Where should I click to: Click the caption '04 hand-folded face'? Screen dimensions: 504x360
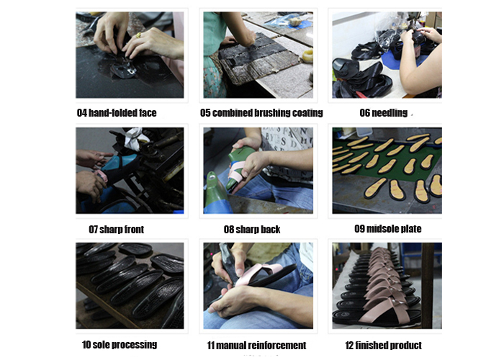coord(117,113)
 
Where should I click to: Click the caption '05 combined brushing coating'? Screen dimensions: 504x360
coord(261,113)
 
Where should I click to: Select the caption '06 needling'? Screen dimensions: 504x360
coord(384,113)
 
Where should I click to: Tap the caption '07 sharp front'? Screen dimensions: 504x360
coord(117,229)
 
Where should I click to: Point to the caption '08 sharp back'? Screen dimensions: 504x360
coord(252,229)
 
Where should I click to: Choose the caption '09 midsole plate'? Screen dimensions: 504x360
coord(388,228)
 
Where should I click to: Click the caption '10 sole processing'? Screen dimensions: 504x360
coord(120,345)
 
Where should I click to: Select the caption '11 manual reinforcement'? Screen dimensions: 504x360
coord(256,345)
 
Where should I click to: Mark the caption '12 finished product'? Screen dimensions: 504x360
coord(383,345)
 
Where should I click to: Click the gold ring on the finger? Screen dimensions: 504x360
coord(138,35)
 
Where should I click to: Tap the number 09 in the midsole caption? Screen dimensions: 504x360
coord(360,228)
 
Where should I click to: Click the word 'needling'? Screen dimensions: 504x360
coord(390,113)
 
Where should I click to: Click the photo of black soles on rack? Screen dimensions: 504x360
coord(130,286)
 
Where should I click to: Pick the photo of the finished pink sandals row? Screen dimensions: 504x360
coord(387,286)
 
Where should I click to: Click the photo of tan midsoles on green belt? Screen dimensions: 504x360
coord(387,171)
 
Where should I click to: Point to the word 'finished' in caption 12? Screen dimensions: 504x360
coord(372,345)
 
